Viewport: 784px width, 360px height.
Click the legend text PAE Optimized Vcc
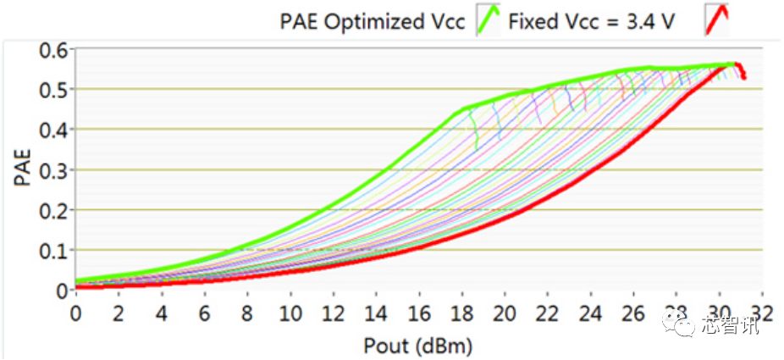click(373, 21)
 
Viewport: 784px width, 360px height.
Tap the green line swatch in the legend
click(489, 19)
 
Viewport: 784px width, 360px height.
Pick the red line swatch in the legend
click(716, 19)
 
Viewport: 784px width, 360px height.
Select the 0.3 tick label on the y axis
click(53, 169)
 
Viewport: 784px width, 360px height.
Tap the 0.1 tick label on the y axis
click(53, 250)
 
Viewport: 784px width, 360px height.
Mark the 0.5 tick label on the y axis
click(53, 89)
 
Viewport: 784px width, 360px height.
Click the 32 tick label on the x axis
click(762, 311)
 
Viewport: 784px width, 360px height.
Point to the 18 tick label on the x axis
click(461, 311)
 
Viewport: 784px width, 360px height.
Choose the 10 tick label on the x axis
click(290, 311)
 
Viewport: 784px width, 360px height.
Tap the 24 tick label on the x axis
click(590, 311)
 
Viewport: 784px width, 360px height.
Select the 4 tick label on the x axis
click(162, 311)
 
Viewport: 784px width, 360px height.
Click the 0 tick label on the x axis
click(76, 311)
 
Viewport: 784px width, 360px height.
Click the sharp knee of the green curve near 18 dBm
click(464, 108)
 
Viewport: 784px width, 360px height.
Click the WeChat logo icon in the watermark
click(682, 324)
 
